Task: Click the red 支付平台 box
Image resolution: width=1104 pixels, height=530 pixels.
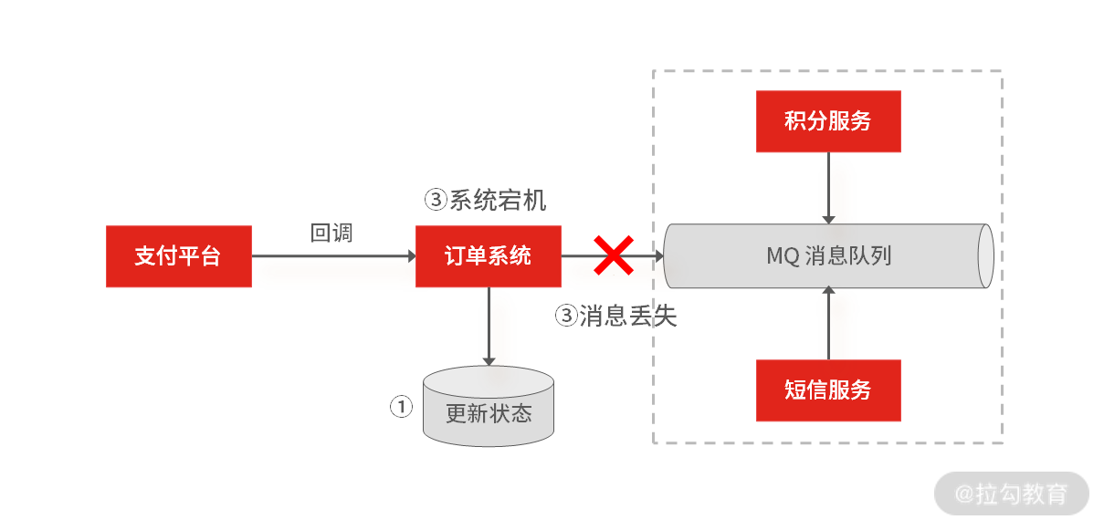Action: coord(178,256)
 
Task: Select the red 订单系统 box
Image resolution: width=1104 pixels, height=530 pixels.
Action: coord(489,256)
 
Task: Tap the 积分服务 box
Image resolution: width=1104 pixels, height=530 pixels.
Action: coord(828,121)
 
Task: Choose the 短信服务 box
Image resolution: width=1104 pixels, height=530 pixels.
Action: coord(828,390)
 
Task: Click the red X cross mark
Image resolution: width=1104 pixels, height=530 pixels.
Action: coord(614,255)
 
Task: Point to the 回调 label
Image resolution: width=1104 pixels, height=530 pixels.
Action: coord(331,233)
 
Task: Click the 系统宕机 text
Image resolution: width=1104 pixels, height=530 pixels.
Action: coord(498,200)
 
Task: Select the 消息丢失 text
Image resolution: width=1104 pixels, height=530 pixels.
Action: coord(628,317)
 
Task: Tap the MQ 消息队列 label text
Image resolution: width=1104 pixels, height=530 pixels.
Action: coord(828,256)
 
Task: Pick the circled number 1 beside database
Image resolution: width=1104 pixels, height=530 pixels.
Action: coord(402,406)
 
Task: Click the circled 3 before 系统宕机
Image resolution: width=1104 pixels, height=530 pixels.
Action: coord(436,200)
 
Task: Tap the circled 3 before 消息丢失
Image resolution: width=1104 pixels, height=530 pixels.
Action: coord(567,317)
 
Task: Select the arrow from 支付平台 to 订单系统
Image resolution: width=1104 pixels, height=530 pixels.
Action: coord(333,256)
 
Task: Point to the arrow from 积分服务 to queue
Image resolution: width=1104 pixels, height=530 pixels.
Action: coord(828,187)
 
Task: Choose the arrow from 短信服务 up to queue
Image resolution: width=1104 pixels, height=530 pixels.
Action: coord(828,324)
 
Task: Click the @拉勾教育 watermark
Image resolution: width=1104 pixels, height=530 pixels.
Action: coord(1012,494)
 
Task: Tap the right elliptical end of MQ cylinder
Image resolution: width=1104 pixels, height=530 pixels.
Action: coord(985,256)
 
